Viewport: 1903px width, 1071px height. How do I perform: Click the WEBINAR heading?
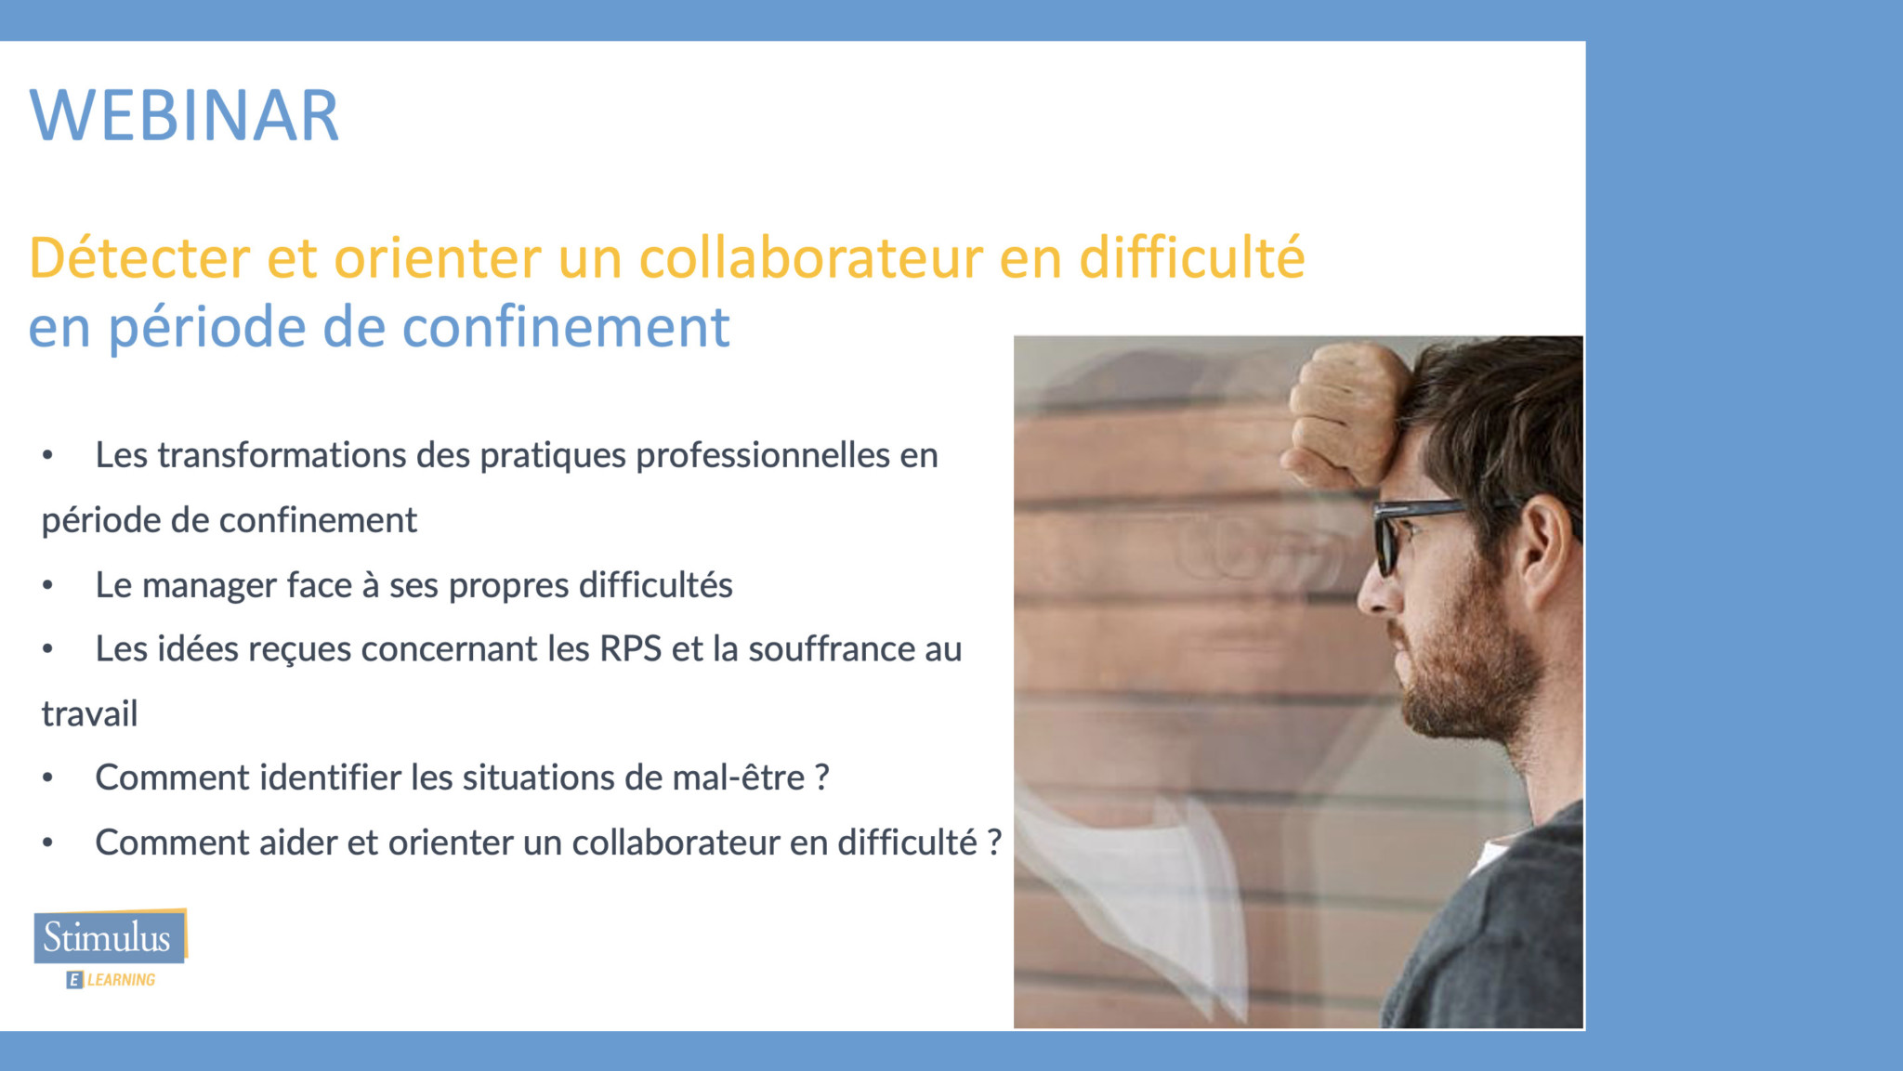pyautogui.click(x=184, y=115)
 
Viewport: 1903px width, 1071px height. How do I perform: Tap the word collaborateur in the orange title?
pyautogui.click(x=810, y=257)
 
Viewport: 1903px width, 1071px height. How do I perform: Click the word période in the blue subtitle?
pyautogui.click(x=207, y=329)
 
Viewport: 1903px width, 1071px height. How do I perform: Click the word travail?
pyautogui.click(x=89, y=713)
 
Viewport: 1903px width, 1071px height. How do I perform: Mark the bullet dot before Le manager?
pyautogui.click(x=47, y=586)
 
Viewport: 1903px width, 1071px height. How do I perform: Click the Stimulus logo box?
pyautogui.click(x=110, y=936)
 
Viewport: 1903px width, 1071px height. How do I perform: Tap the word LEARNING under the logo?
pyautogui.click(x=121, y=980)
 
